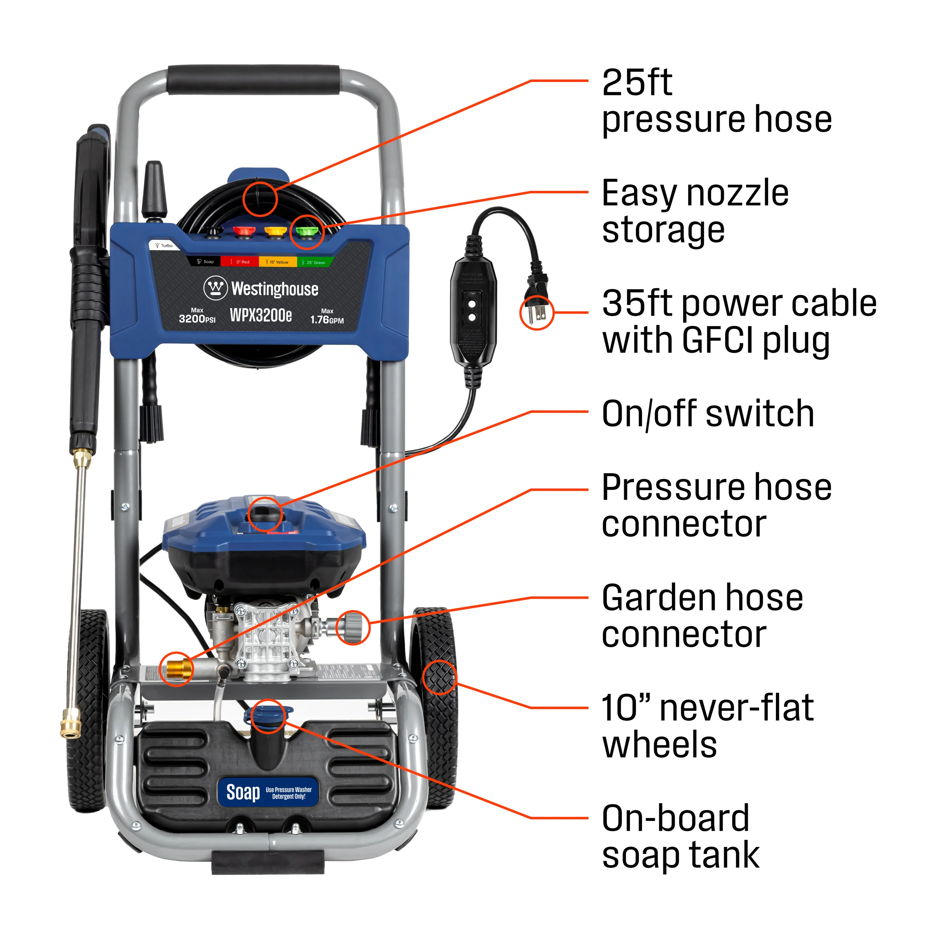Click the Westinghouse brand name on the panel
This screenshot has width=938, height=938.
[274, 289]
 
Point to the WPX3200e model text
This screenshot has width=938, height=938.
[261, 315]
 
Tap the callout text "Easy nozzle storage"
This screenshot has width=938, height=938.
[694, 211]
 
